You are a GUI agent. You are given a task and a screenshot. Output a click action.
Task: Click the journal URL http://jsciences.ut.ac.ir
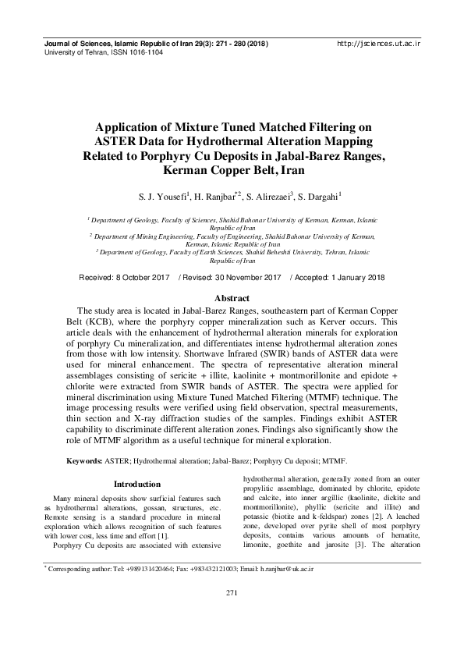coord(378,44)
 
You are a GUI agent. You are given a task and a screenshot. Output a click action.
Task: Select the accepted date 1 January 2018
coord(344,278)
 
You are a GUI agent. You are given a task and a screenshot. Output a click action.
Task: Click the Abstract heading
coord(232,299)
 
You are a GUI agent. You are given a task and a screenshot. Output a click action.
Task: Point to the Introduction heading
coord(137,484)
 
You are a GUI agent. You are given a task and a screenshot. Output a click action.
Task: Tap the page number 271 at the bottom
coord(232,616)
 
